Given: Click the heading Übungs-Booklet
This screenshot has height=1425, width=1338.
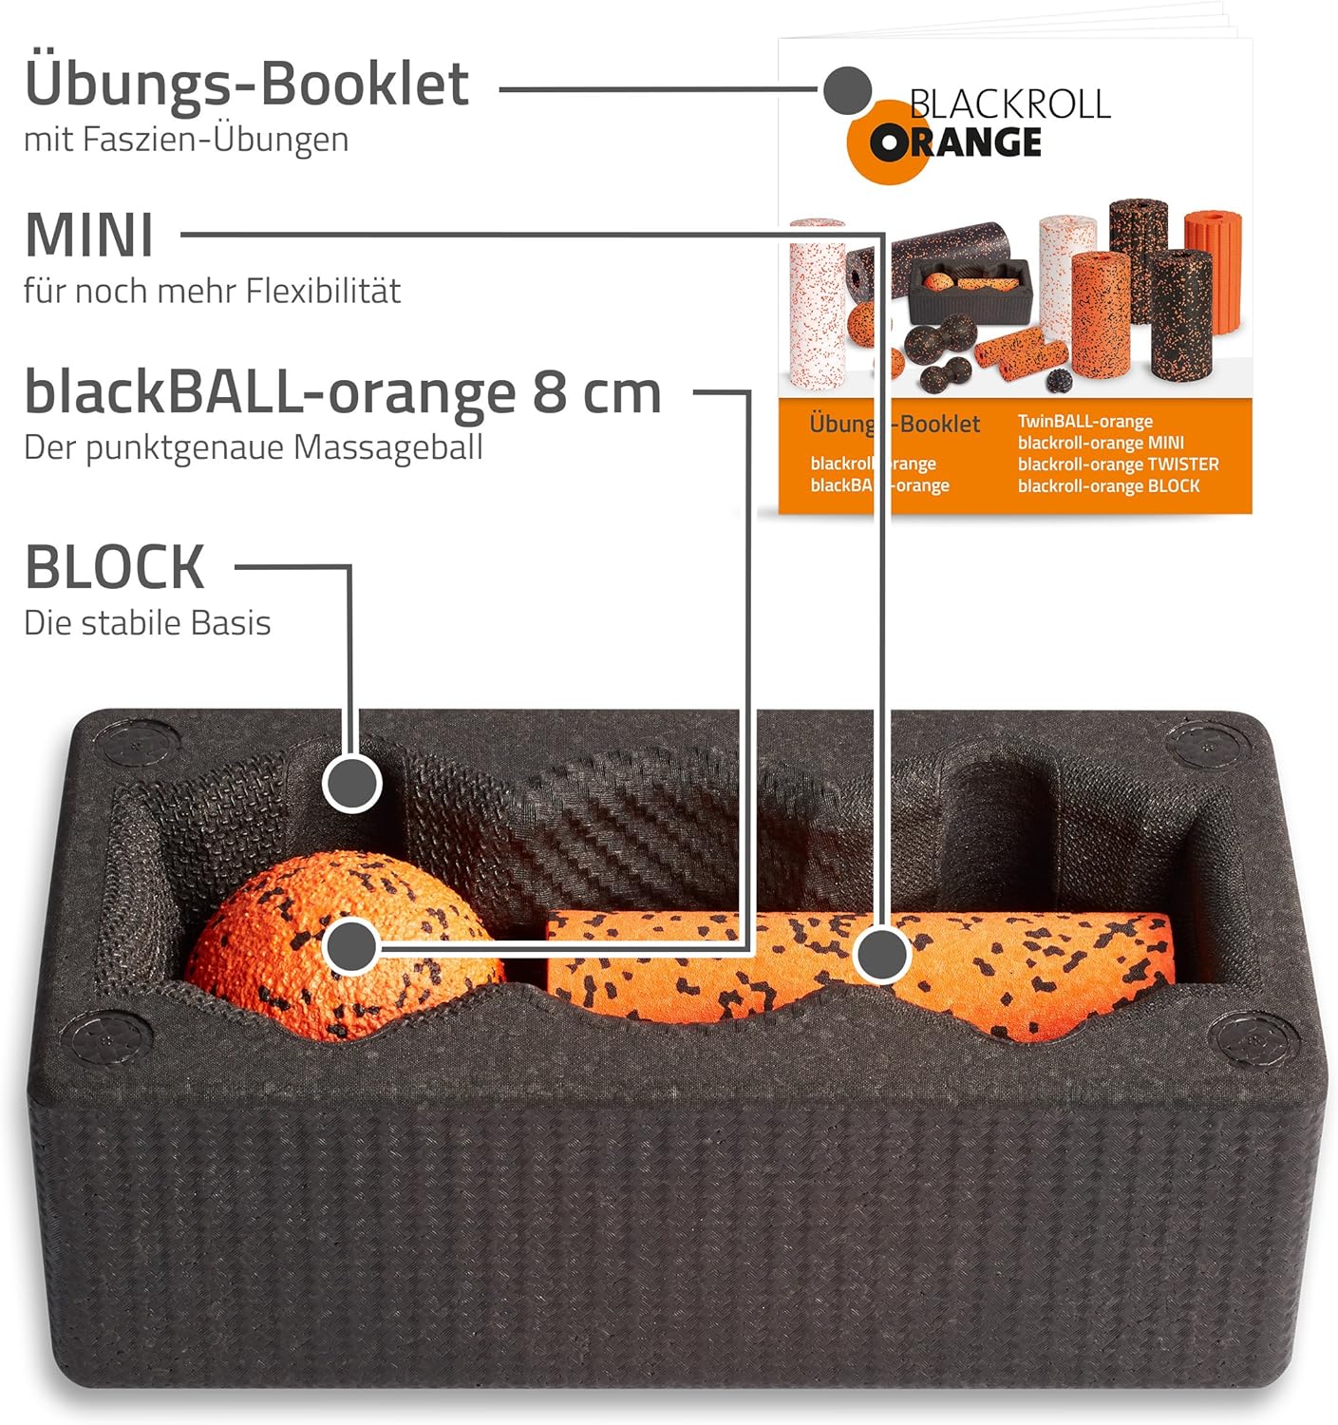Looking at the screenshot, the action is click(246, 85).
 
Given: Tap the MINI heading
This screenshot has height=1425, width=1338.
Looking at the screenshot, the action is click(88, 235).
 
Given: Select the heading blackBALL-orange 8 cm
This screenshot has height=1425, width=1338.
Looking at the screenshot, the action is click(342, 391).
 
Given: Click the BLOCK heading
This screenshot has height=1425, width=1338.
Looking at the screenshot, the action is click(114, 567).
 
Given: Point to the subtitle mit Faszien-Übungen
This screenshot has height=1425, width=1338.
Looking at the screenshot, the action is click(186, 140).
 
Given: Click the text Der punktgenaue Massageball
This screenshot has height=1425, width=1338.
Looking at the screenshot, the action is click(253, 447).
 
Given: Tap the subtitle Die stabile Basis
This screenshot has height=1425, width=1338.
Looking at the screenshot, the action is click(147, 623).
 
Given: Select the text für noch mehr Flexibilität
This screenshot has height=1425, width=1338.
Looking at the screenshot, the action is click(212, 291).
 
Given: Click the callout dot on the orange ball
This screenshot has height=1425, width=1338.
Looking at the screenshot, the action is click(351, 946).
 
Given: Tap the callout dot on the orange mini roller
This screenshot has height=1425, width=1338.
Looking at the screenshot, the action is click(881, 953).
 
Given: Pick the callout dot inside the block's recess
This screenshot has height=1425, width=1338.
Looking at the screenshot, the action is click(351, 784).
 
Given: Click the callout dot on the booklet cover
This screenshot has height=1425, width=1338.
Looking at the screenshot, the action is click(847, 91).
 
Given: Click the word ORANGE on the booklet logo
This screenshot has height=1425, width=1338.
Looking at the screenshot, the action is click(956, 143).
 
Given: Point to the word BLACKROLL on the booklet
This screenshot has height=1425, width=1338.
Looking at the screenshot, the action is click(1009, 104).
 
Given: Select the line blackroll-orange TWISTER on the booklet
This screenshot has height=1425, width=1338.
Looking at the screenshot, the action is click(1118, 465).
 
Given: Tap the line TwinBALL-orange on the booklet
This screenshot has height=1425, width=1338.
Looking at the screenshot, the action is click(1084, 421).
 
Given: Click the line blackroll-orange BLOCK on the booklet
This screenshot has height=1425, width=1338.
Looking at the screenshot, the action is click(1108, 486).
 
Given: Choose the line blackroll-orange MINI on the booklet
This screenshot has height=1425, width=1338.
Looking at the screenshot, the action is click(1101, 443).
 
